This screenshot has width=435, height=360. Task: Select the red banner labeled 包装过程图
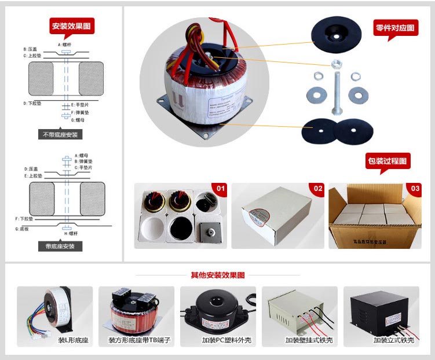(388, 161)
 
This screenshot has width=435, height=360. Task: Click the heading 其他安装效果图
(217, 275)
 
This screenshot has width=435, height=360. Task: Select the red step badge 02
(317, 189)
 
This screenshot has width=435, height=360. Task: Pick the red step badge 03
(415, 189)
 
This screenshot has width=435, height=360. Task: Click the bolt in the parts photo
(335, 87)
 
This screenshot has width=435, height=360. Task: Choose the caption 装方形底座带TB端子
(136, 340)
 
